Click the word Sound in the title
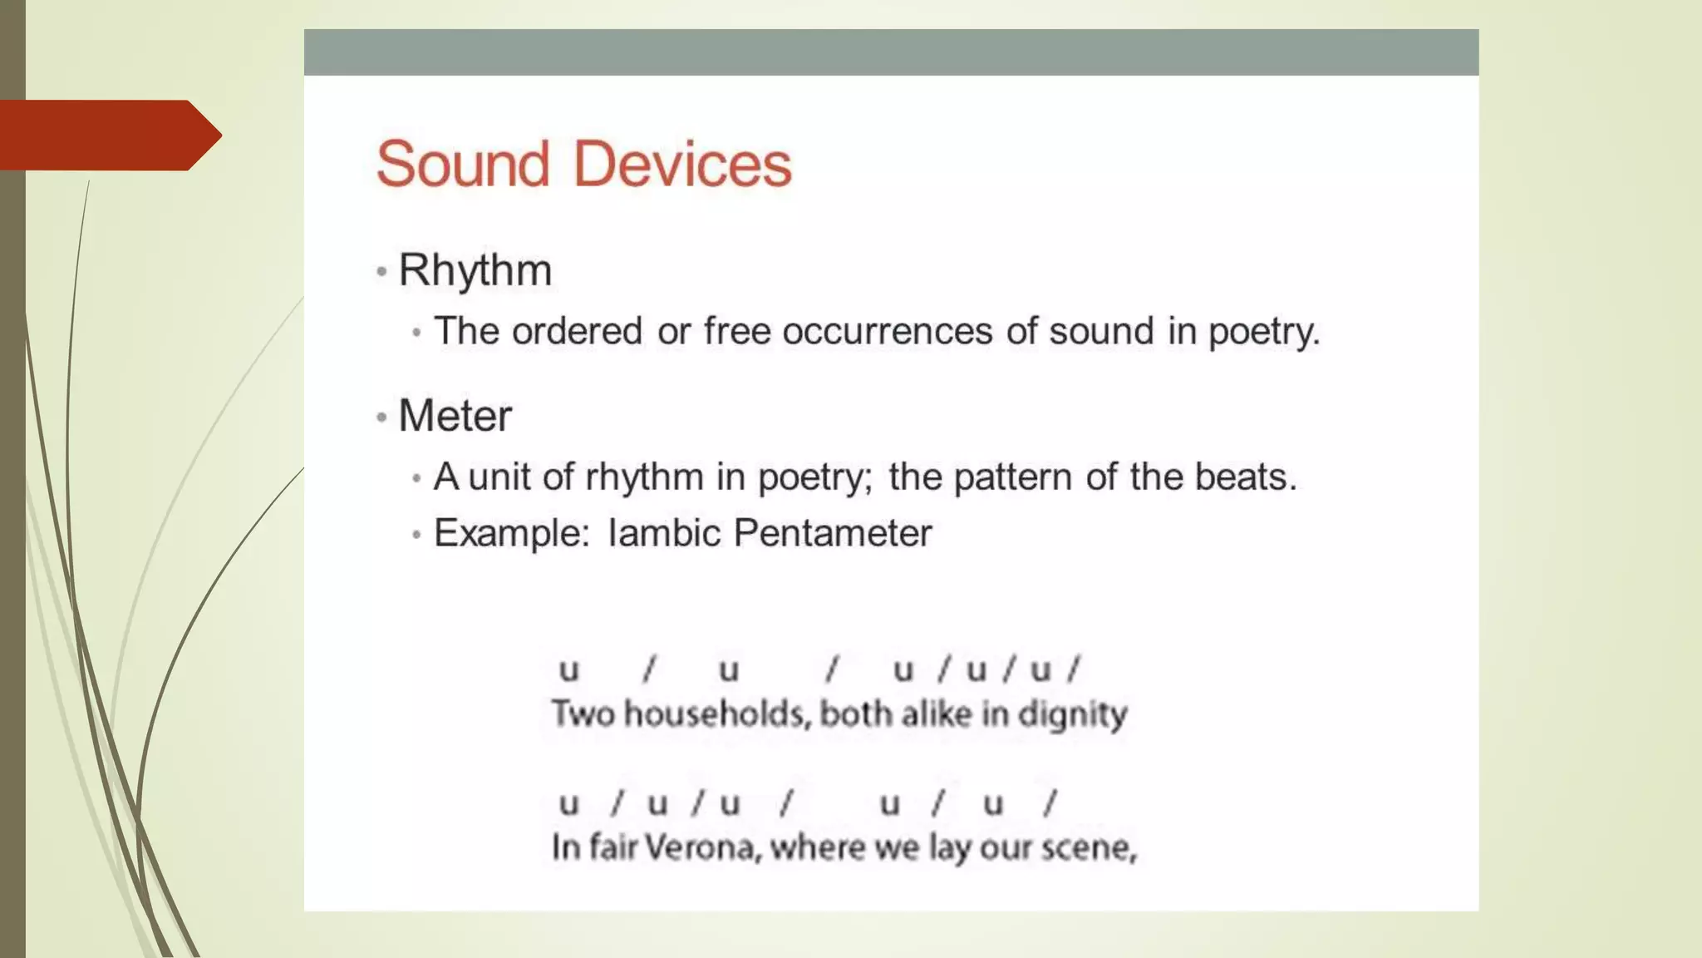click(x=462, y=164)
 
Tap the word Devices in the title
click(x=682, y=164)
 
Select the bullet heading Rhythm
click(x=475, y=270)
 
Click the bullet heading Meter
click(x=455, y=416)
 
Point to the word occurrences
click(x=888, y=331)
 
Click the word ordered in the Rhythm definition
click(x=578, y=331)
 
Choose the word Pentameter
click(x=833, y=533)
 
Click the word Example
click(x=511, y=533)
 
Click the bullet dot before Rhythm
click(x=381, y=272)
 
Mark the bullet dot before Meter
click(x=381, y=417)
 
